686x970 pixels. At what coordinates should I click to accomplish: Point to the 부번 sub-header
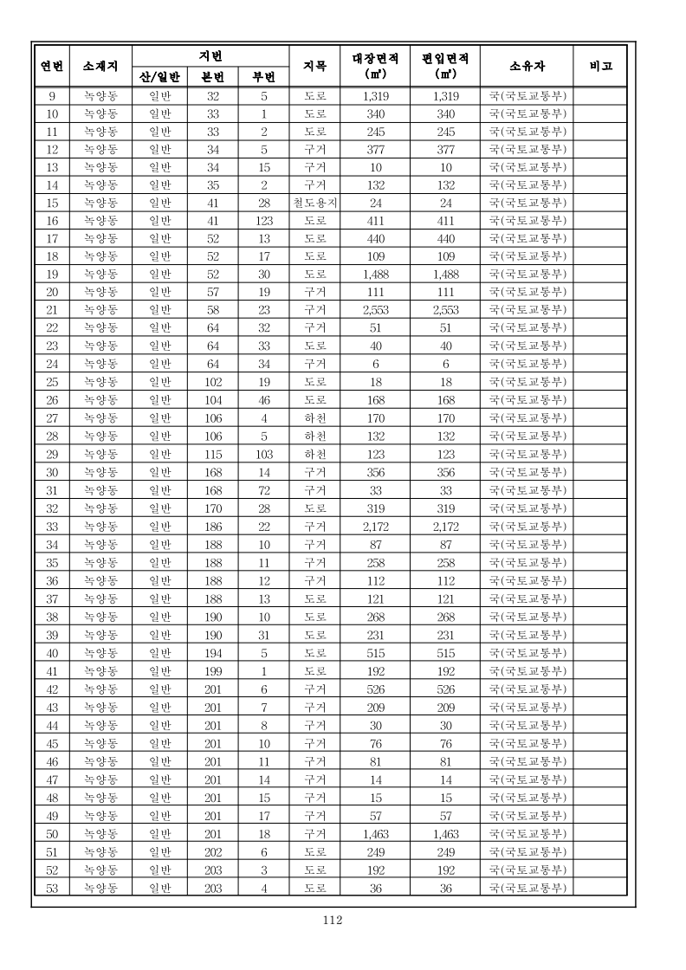(x=264, y=76)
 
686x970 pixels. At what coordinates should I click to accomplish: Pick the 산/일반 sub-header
(x=159, y=76)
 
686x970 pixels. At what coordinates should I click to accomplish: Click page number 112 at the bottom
(x=333, y=920)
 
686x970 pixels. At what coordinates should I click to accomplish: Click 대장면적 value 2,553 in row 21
(x=377, y=309)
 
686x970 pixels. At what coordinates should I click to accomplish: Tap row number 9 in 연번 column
(x=52, y=96)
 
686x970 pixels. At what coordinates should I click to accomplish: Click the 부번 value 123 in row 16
(x=264, y=221)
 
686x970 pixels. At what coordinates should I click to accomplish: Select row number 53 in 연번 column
(x=52, y=887)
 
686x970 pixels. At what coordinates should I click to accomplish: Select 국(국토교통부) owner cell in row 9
(x=527, y=96)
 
